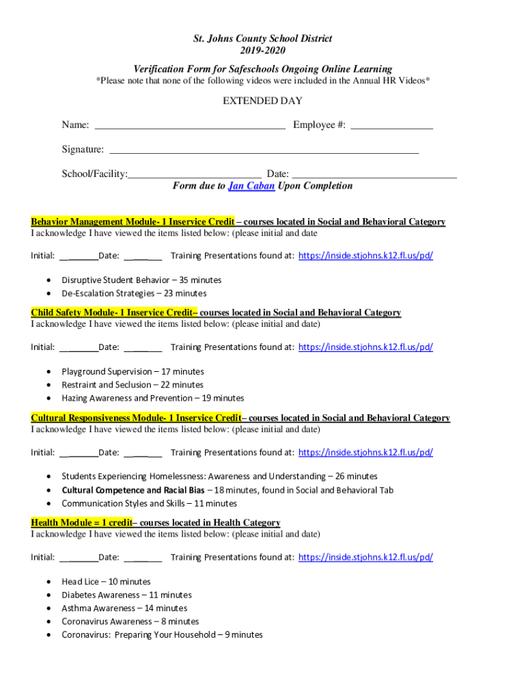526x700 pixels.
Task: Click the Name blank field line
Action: pyautogui.click(x=189, y=126)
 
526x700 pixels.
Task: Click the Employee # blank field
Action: pyautogui.click(x=391, y=126)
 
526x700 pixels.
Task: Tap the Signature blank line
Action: pyautogui.click(x=264, y=150)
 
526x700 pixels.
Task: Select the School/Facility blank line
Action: pyautogui.click(x=195, y=175)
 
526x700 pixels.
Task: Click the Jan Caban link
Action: pyautogui.click(x=251, y=186)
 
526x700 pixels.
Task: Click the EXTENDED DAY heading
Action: pyautogui.click(x=262, y=101)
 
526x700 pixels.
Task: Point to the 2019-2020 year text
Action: pyautogui.click(x=262, y=51)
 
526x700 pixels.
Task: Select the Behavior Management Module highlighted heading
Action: pyautogui.click(x=133, y=222)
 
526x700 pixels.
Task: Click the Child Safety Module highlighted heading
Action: pyautogui.click(x=114, y=313)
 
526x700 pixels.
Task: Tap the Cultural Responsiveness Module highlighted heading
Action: pyautogui.click(x=136, y=418)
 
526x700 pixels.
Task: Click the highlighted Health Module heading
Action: pyautogui.click(x=81, y=523)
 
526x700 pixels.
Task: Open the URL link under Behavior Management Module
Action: pyautogui.click(x=365, y=256)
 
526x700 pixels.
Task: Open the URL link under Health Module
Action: pyautogui.click(x=365, y=557)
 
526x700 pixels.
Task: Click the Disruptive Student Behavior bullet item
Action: pyautogui.click(x=141, y=280)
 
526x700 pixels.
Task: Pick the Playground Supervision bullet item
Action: pyautogui.click(x=133, y=372)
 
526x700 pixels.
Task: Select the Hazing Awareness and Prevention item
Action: pyautogui.click(x=152, y=399)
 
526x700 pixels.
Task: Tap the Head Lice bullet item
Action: pyautogui.click(x=106, y=582)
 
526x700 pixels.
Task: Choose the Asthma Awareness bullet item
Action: pyautogui.click(x=124, y=608)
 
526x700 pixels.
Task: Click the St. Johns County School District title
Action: pyautogui.click(x=262, y=39)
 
